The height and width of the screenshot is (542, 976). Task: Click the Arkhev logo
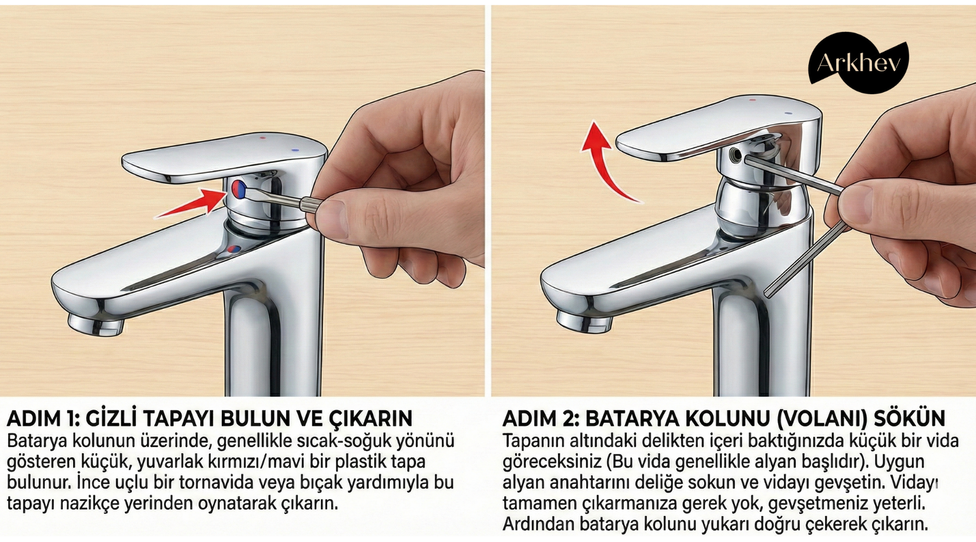pyautogui.click(x=858, y=62)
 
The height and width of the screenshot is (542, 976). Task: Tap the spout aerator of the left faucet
pyautogui.click(x=96, y=326)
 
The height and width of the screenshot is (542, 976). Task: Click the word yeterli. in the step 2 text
pyautogui.click(x=898, y=504)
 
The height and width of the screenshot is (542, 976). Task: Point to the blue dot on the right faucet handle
pyautogui.click(x=788, y=113)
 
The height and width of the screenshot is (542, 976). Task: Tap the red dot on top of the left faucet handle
pyautogui.click(x=263, y=138)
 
